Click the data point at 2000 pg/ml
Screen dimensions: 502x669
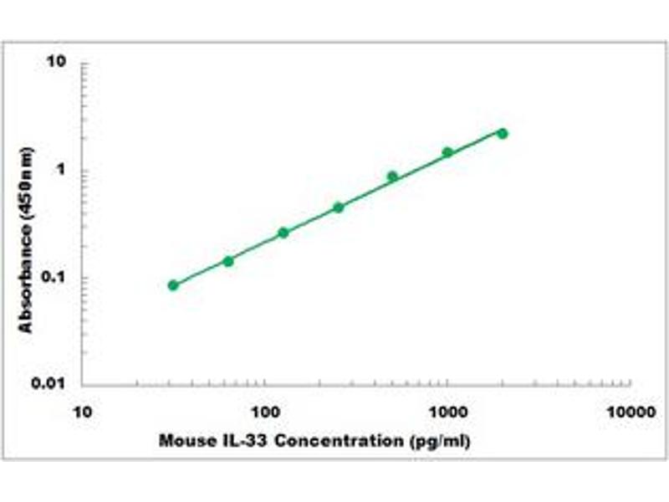503,133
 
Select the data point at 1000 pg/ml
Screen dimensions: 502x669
447,152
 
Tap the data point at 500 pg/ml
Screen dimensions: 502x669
392,176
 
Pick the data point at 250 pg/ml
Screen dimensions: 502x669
339,207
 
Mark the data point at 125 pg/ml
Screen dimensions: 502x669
283,233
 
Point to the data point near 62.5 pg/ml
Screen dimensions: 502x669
228,261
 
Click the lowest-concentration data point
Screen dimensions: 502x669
173,285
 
